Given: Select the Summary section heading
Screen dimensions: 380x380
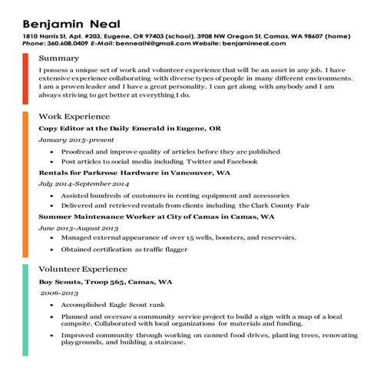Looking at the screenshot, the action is (x=58, y=58).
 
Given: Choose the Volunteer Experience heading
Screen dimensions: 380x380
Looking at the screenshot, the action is (x=83, y=269).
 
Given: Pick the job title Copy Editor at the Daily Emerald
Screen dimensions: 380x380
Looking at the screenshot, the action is (x=130, y=128).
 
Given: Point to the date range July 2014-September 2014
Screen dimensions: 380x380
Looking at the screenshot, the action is (x=84, y=185).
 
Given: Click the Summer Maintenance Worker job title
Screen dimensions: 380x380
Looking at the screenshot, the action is (x=157, y=217).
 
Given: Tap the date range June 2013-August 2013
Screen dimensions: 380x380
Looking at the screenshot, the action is (x=78, y=229).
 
